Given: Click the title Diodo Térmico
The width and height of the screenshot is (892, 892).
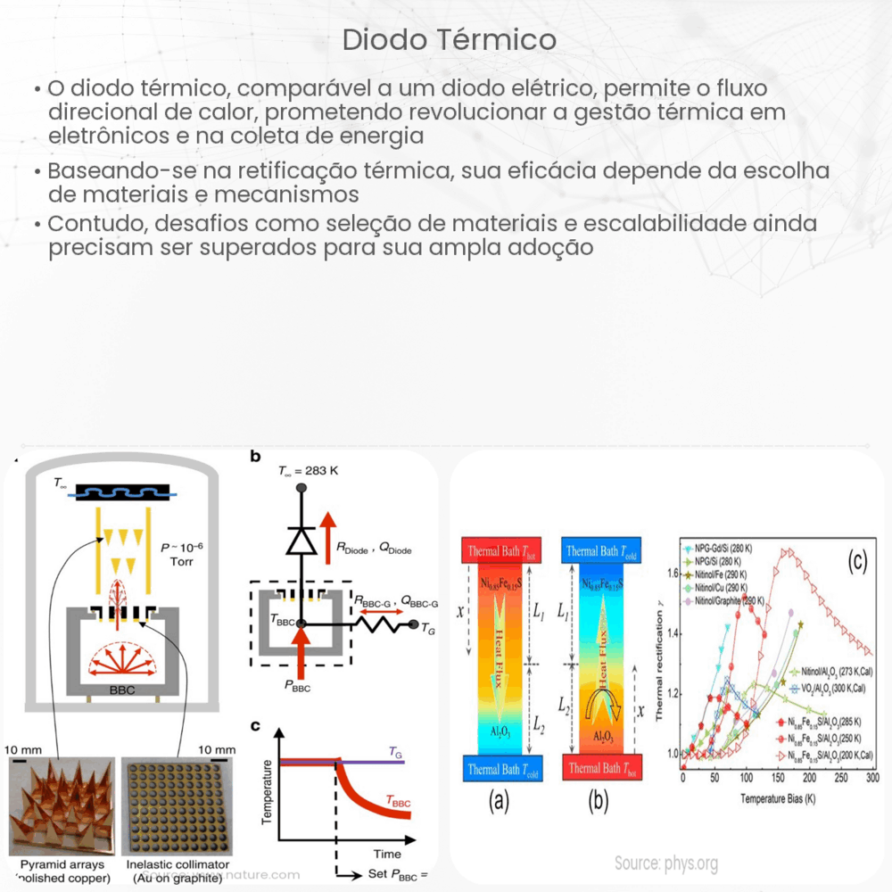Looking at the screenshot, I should click(x=450, y=40).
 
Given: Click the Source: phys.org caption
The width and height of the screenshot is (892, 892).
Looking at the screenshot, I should click(x=666, y=863).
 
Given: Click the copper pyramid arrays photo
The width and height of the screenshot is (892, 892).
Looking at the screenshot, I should click(x=62, y=805).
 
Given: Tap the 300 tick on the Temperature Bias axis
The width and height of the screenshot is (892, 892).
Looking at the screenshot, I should click(x=871, y=778).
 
